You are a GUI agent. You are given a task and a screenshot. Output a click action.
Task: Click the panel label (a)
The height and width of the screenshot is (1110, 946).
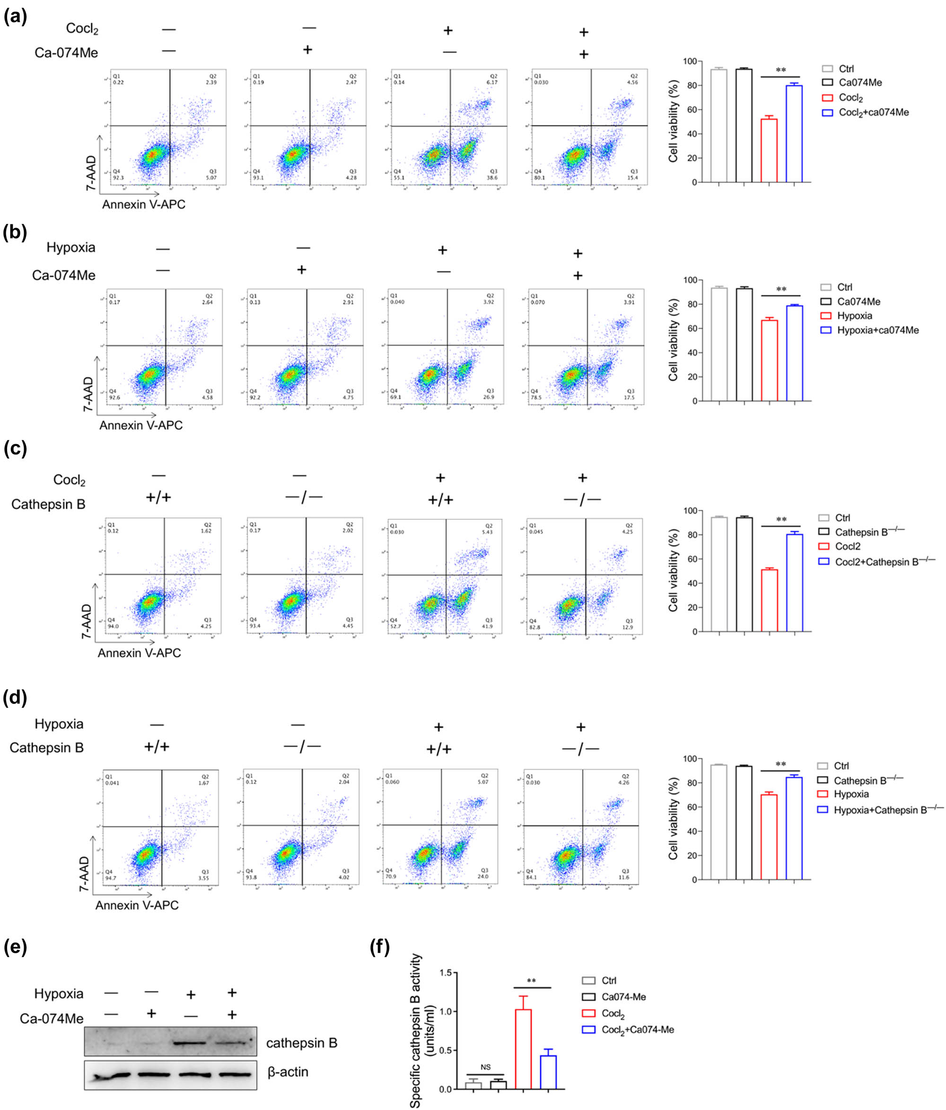[15, 17]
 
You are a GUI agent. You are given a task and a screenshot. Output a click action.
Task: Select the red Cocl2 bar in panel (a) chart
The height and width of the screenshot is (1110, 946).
[769, 151]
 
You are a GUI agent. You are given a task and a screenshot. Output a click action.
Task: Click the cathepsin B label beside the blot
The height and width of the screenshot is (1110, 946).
[301, 1043]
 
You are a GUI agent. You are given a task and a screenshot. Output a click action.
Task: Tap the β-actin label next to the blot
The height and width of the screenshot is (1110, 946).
[288, 1072]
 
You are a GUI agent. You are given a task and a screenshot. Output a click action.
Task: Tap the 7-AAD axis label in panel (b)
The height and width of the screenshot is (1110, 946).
[88, 394]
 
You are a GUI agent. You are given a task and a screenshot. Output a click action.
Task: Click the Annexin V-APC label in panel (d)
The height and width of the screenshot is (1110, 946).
[137, 905]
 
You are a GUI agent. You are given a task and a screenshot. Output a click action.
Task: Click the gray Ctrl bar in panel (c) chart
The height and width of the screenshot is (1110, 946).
[719, 574]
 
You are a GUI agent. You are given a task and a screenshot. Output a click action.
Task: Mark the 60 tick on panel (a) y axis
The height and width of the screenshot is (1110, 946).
[692, 110]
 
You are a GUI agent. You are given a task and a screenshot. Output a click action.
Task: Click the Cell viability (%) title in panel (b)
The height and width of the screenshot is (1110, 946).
[673, 341]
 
